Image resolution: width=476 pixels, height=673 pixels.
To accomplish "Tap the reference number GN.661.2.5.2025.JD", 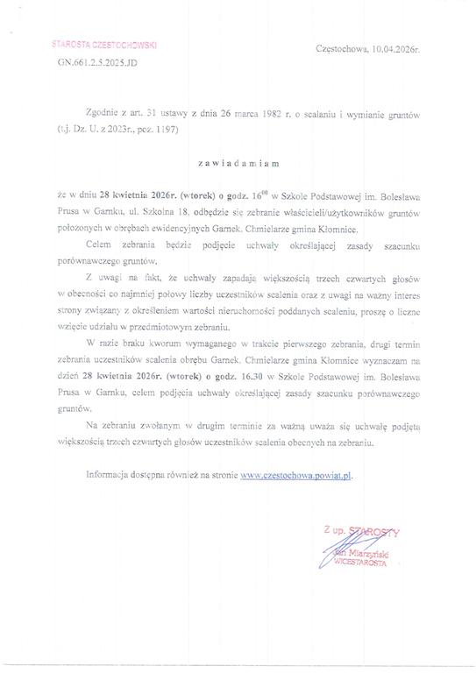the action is point(96,64).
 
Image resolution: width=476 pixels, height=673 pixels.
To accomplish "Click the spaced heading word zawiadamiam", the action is point(238,162).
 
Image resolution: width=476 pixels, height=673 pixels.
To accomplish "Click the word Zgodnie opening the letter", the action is point(106,115).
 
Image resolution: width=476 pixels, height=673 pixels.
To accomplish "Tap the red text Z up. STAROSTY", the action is point(360,533).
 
